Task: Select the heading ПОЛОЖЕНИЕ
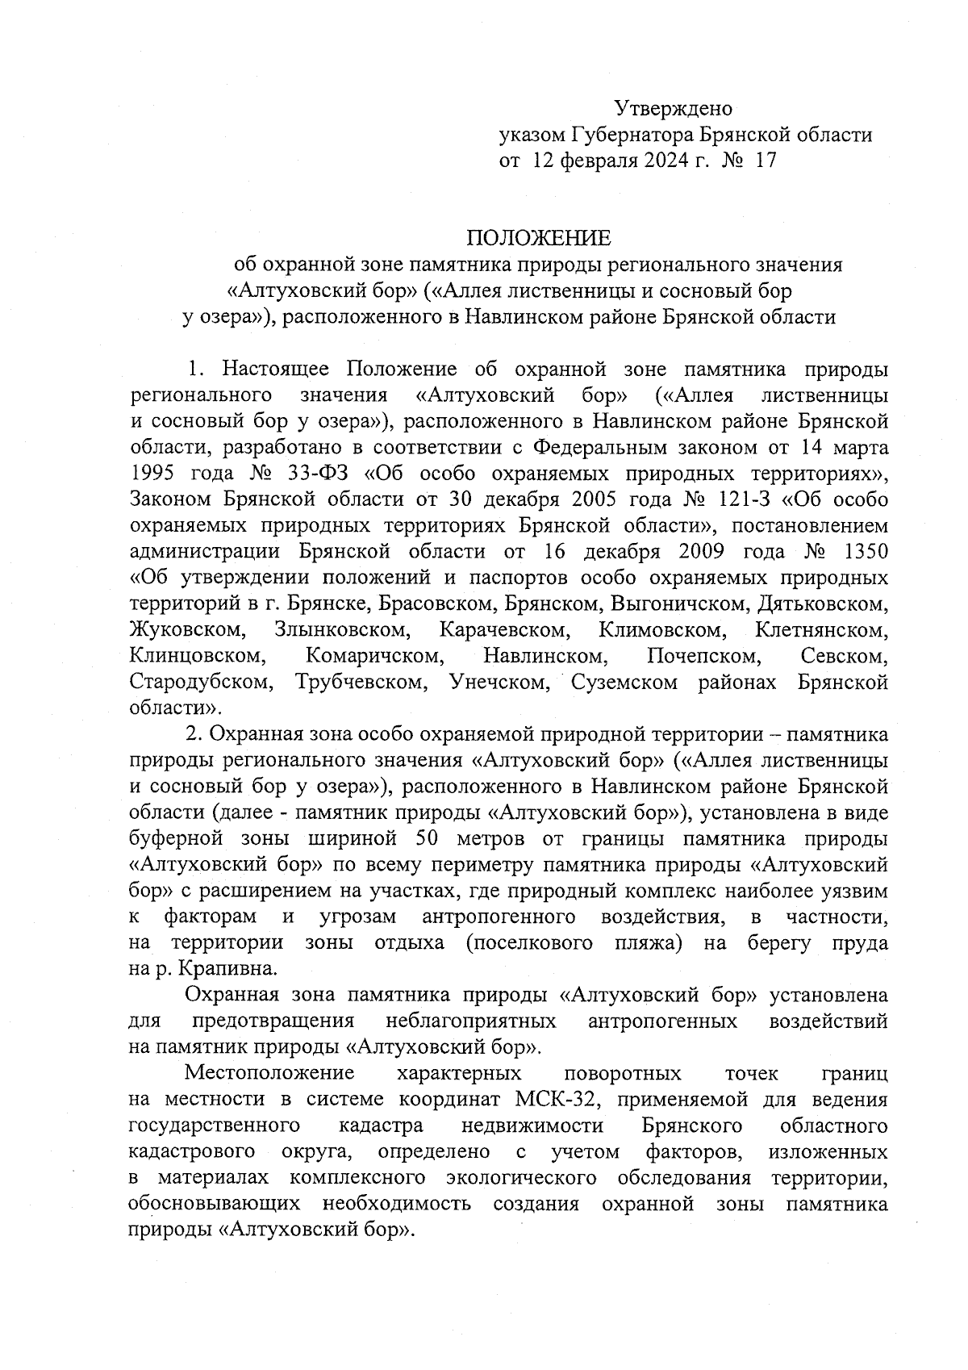[x=538, y=238]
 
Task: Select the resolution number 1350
[x=865, y=552]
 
